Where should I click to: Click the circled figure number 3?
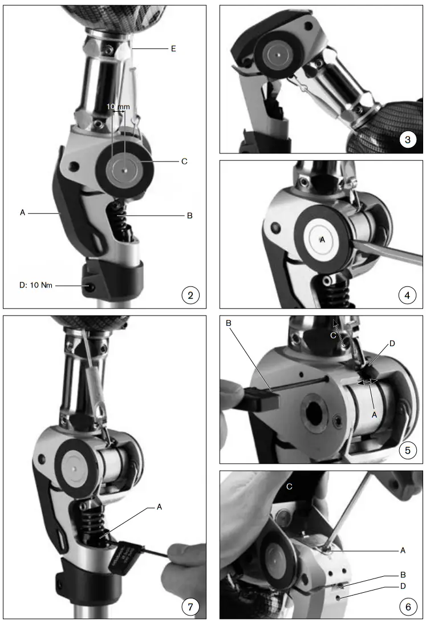[408, 139]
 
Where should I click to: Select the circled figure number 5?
[408, 450]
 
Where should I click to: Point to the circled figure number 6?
[408, 606]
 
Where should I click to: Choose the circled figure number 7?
[190, 606]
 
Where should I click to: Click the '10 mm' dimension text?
[118, 107]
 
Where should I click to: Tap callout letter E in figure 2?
[173, 49]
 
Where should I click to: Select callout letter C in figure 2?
[184, 161]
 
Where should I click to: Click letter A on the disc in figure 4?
[322, 240]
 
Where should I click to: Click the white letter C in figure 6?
[290, 486]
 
